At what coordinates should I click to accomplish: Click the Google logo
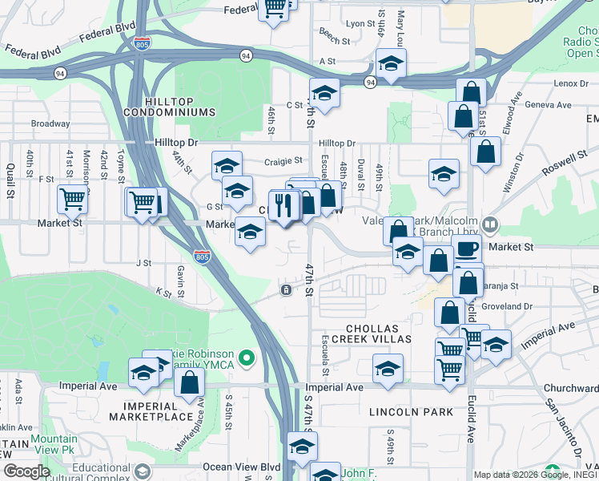tap(26, 471)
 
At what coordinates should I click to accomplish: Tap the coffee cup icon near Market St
tap(466, 248)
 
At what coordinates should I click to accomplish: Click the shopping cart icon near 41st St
tap(72, 197)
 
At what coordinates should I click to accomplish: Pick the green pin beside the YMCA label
tap(247, 358)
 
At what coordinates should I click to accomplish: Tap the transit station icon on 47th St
tap(284, 289)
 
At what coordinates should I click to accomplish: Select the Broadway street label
tap(50, 124)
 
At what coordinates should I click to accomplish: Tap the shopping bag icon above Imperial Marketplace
tap(188, 382)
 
